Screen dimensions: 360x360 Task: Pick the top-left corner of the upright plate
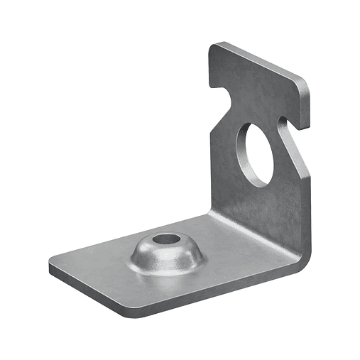(x=214, y=47)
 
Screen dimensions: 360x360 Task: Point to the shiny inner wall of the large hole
(x=244, y=153)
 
